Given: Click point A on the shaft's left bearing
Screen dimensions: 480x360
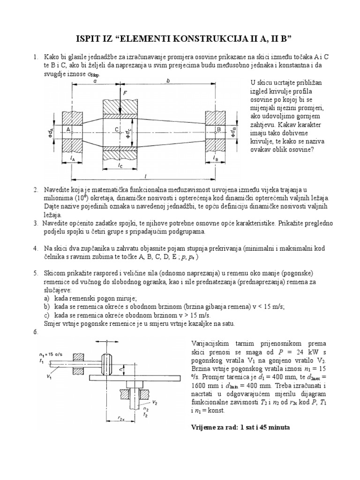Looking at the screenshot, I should pyautogui.click(x=68, y=128).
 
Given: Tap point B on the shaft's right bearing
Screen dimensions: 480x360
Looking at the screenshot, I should pyautogui.click(x=217, y=128).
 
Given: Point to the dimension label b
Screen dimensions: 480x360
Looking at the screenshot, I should pyautogui.click(x=168, y=81).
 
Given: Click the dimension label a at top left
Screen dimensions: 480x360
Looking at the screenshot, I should pyautogui.click(x=95, y=81).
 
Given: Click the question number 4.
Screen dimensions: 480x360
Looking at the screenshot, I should pyautogui.click(x=35, y=247).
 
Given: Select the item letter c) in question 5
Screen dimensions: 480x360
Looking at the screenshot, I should pyautogui.click(x=46, y=315).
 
